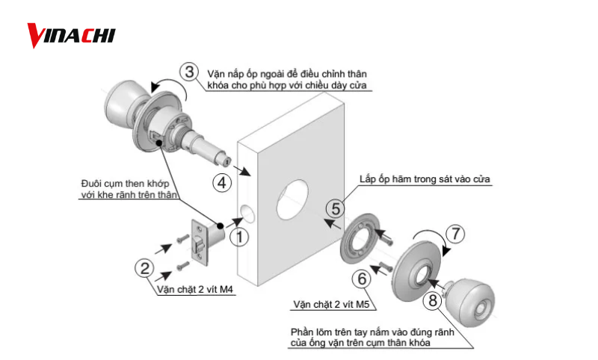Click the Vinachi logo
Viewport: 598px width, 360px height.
click(x=71, y=34)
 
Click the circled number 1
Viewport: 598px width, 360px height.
click(x=238, y=238)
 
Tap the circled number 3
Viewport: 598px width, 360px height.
click(x=190, y=72)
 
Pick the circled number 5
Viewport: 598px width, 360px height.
click(x=336, y=208)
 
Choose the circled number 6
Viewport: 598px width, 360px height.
click(x=363, y=278)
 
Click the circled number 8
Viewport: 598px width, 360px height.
click(x=433, y=301)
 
